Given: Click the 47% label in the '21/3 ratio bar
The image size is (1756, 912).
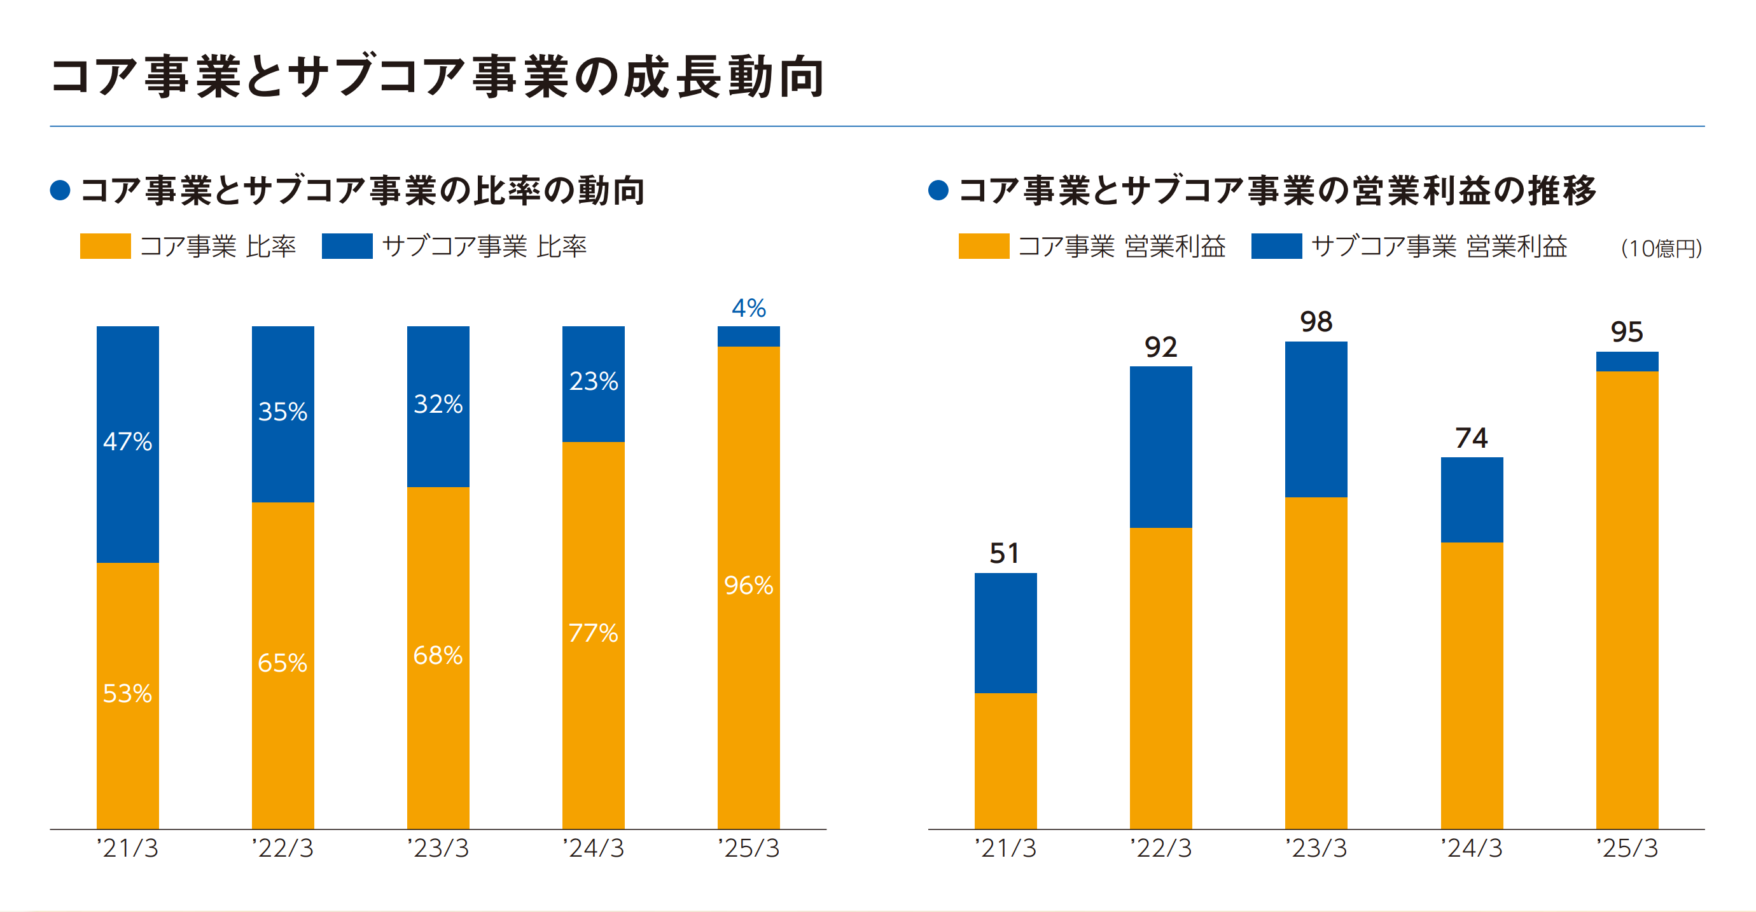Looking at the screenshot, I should click(x=127, y=441).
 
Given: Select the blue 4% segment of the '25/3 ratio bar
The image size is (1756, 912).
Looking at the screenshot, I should click(x=748, y=336).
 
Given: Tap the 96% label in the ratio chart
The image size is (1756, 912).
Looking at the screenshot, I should click(x=748, y=586).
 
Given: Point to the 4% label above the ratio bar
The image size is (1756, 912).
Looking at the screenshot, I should click(x=748, y=308).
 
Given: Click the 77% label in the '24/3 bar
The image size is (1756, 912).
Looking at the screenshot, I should click(x=593, y=633).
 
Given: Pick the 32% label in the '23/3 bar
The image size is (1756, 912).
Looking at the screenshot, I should click(x=438, y=404).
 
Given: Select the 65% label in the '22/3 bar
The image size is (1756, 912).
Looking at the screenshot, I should click(x=282, y=663).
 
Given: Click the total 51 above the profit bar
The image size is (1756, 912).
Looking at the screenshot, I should click(x=1005, y=553).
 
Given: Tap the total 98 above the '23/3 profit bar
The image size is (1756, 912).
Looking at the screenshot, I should click(x=1316, y=322).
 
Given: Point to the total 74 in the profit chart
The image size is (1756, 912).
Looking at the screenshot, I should click(x=1471, y=438).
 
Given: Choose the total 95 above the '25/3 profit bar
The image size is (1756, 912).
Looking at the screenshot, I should click(x=1626, y=333).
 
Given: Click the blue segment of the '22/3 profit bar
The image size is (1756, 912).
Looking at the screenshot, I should click(x=1161, y=447).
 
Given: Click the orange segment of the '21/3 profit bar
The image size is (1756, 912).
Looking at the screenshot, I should click(x=1005, y=761).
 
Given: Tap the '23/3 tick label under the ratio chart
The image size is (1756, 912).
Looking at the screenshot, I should click(x=438, y=848).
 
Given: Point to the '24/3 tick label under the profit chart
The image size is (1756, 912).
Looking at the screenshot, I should click(x=1471, y=848).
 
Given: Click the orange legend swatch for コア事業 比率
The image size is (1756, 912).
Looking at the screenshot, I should click(x=105, y=246).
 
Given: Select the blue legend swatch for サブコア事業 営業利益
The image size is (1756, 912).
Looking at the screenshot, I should click(x=1276, y=246).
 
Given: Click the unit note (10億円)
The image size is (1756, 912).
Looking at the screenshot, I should click(x=1661, y=249).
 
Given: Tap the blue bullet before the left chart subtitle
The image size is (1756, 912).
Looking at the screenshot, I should click(x=60, y=190).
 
